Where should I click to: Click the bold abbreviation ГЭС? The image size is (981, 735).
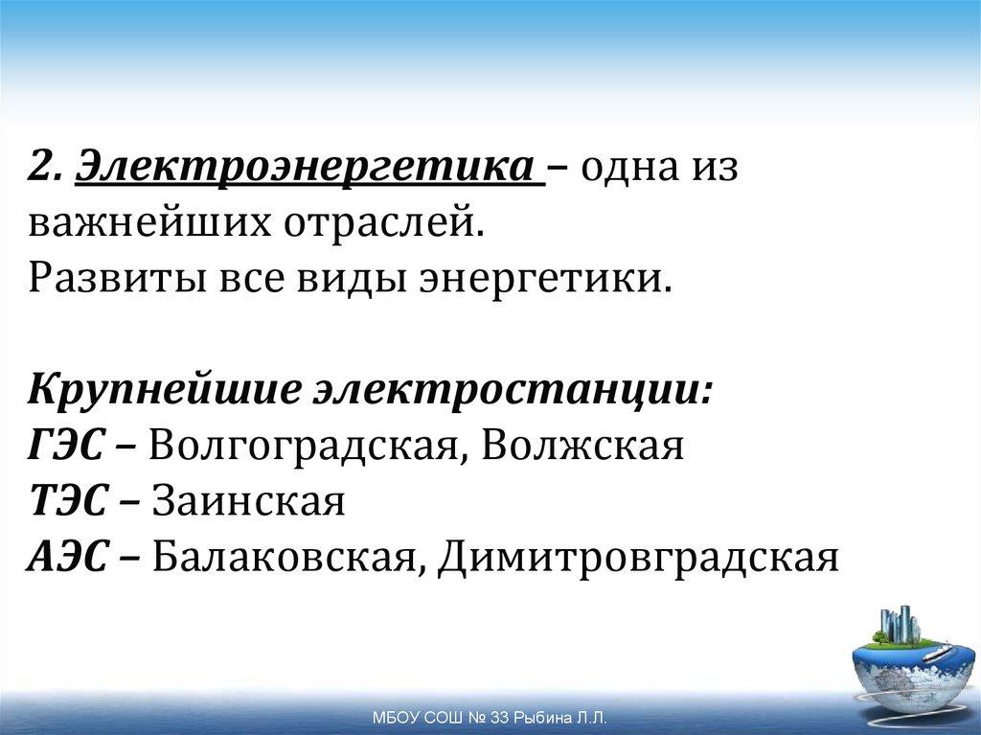(68, 447)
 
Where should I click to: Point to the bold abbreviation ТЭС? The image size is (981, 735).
(68, 501)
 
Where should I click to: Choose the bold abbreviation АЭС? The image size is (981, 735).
(68, 556)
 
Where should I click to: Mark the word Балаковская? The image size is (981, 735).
(283, 556)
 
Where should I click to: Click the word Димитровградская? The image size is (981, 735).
(638, 556)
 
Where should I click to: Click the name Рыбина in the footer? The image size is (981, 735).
(540, 718)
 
